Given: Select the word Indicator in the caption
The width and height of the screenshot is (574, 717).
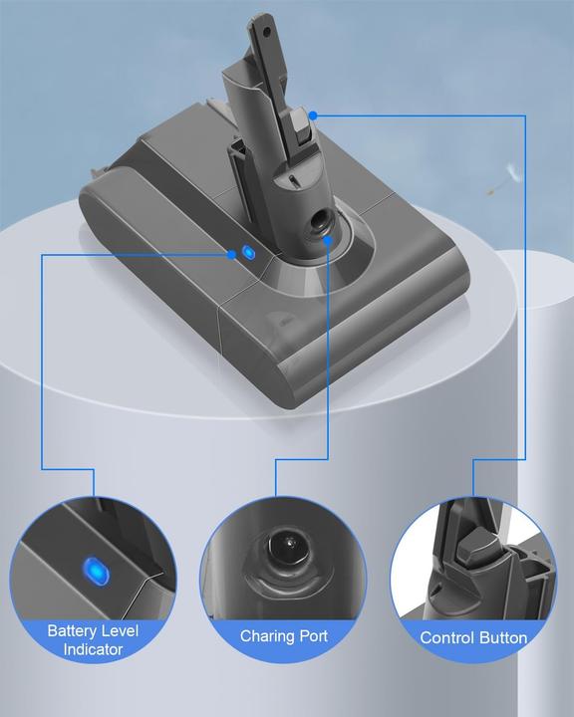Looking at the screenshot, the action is (93, 649).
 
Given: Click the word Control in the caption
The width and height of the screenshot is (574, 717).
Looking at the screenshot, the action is (444, 638).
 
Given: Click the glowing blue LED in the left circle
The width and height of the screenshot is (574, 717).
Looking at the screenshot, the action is (96, 571).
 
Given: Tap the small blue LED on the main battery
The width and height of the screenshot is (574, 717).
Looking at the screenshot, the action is (248, 252).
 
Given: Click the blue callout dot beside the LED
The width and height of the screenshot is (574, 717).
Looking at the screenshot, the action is (232, 255).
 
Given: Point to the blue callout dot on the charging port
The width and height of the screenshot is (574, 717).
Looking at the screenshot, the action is (327, 241).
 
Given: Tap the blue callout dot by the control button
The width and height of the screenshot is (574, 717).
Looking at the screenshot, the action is (313, 116).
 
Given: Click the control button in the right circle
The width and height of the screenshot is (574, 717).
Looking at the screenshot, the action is (477, 544).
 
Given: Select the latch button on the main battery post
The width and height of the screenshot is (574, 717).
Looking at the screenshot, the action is (299, 128).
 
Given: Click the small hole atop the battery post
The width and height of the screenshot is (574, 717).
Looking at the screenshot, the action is (266, 32).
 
